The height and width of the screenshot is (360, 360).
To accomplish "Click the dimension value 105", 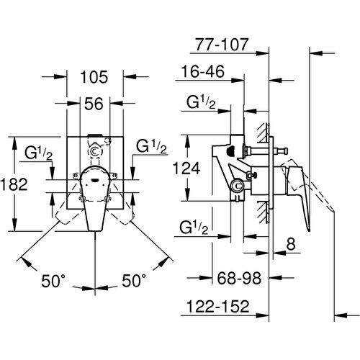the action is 94,77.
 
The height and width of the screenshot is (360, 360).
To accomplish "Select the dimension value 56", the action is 94,104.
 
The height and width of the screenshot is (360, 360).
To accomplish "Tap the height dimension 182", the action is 14,184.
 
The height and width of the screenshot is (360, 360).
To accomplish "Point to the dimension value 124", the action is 186,168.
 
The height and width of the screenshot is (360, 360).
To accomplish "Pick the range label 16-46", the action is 203,71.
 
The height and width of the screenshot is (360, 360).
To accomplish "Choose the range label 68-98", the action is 239,279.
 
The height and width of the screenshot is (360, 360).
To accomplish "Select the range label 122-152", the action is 218,306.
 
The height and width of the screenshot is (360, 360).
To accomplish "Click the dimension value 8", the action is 291,244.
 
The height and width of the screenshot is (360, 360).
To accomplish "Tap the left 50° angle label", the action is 53,281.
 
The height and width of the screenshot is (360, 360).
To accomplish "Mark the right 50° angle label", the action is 134,280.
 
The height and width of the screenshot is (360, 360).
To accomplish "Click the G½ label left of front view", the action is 38,153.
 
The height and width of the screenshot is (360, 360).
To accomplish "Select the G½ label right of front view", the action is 151,146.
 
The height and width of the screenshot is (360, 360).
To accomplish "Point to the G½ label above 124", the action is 201,103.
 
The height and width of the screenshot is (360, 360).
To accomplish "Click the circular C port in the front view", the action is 95,152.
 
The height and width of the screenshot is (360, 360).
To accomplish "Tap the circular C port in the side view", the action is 237,186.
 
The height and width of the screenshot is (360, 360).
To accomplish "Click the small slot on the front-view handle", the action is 95,180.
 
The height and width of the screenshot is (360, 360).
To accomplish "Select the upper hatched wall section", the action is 263,133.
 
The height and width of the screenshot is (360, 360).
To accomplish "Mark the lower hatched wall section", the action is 263,212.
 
